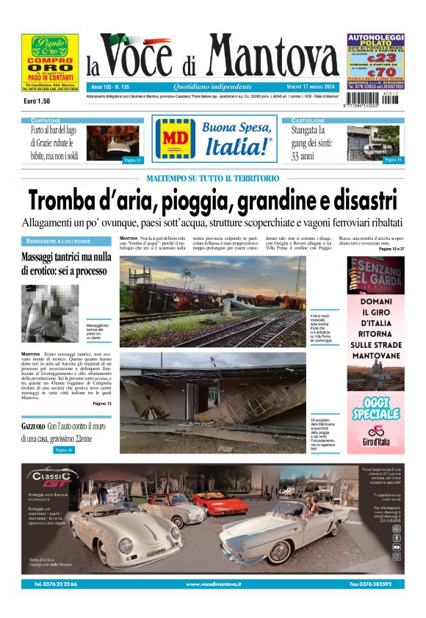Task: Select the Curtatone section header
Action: pyautogui.click(x=46, y=120)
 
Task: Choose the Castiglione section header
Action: pyautogui.click(x=308, y=120)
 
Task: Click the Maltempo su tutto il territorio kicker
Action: pyautogui.click(x=212, y=178)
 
